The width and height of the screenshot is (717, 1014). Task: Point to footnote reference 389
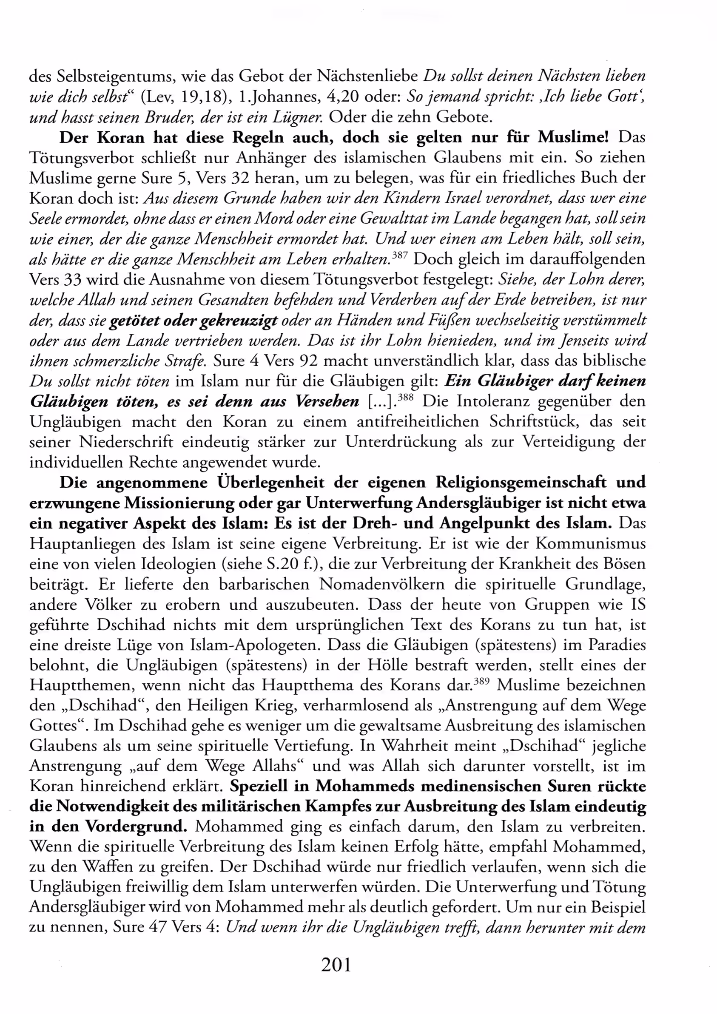pos(481,681)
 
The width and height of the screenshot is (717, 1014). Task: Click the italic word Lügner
pos(300,117)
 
